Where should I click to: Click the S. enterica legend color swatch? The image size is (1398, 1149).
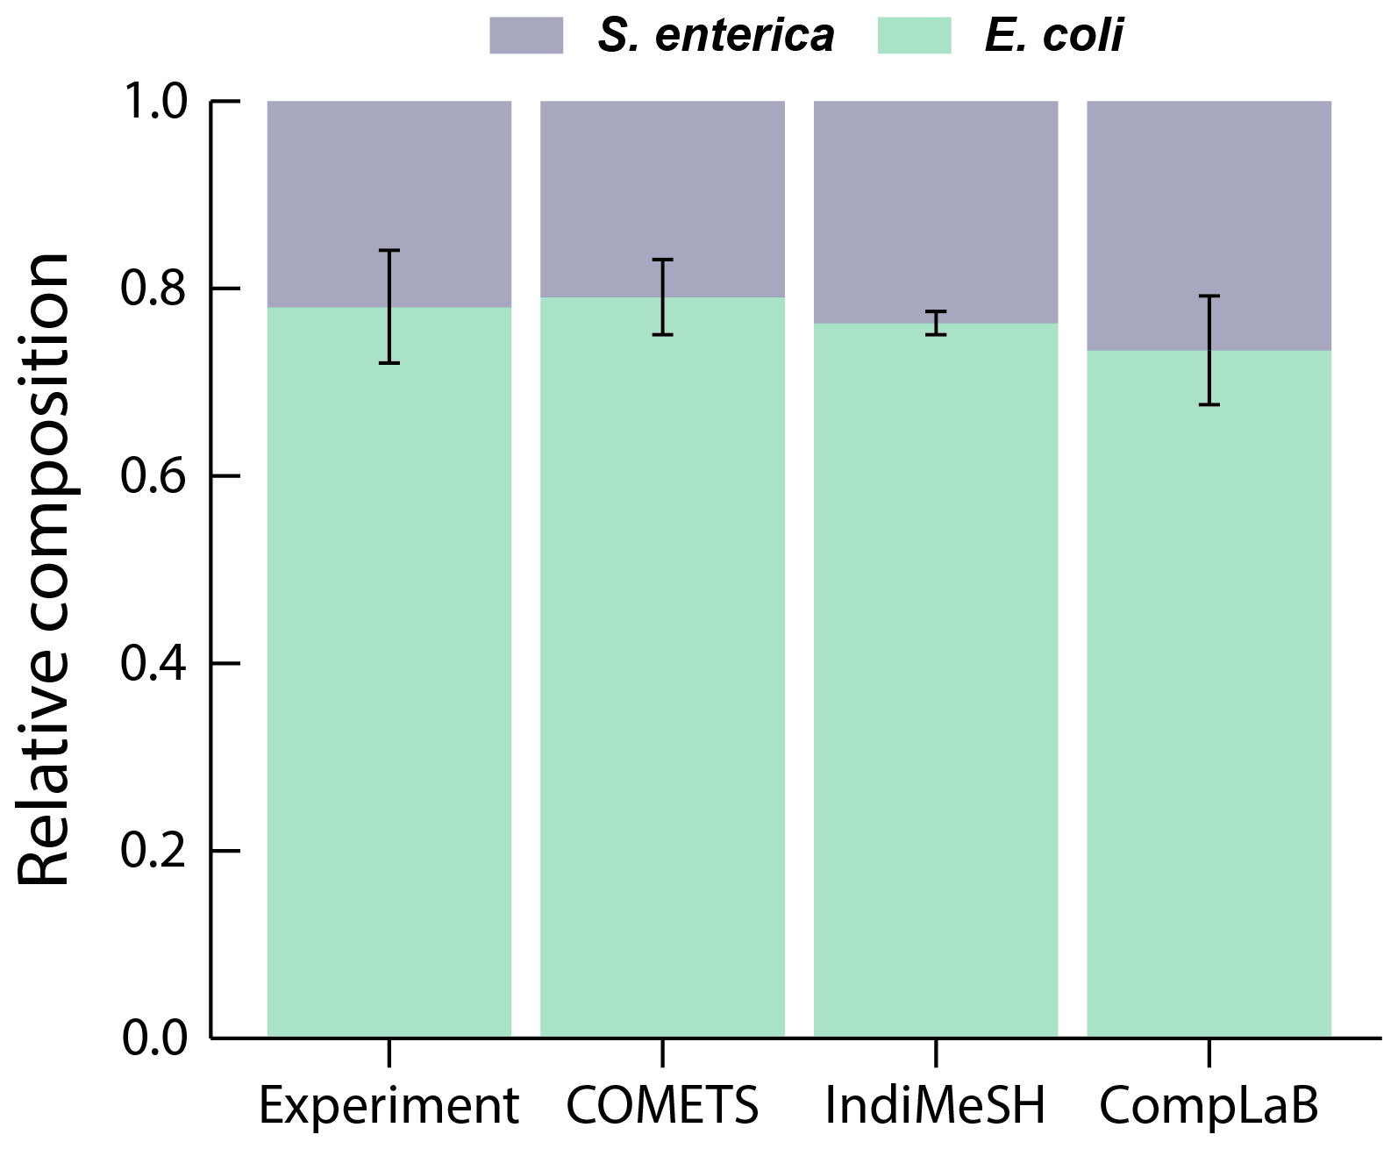click(525, 36)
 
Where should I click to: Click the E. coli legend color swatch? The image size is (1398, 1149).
click(914, 36)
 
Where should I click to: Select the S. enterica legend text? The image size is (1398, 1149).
click(716, 36)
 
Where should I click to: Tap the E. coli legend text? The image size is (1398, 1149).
click(1053, 36)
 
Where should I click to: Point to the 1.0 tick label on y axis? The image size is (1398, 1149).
click(154, 102)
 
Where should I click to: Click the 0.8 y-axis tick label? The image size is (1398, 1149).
click(154, 289)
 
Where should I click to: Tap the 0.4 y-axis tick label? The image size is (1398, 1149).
click(154, 663)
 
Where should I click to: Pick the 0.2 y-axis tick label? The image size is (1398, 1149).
click(154, 850)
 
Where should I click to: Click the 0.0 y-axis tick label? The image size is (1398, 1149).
click(154, 1038)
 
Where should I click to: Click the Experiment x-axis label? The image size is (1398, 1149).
click(389, 1105)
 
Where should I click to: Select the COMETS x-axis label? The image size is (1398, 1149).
click(662, 1105)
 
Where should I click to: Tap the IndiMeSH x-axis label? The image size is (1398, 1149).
click(936, 1105)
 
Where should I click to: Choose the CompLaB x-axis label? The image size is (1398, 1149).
click(1209, 1105)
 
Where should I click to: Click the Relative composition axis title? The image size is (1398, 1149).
click(44, 570)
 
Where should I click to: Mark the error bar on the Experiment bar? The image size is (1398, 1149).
click(389, 306)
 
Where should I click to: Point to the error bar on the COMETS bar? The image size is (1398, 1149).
click(663, 297)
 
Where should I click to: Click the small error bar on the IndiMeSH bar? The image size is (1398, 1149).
click(937, 323)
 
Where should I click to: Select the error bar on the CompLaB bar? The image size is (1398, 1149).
click(1209, 351)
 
